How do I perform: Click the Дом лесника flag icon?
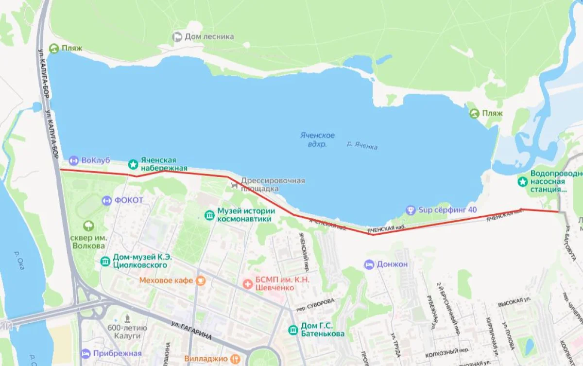[177, 37]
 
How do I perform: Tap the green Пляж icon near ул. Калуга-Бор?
[54, 48]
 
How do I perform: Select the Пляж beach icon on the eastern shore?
[474, 113]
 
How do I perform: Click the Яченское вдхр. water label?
[317, 139]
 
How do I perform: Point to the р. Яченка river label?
[362, 145]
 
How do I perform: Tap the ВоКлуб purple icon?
[73, 160]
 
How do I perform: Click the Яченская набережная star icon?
[133, 164]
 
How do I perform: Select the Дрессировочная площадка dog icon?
[234, 184]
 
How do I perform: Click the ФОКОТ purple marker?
[106, 200]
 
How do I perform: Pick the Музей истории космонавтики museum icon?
[209, 215]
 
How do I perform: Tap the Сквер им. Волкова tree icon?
[89, 226]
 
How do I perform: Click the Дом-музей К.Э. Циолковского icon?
[105, 261]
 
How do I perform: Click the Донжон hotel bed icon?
[369, 264]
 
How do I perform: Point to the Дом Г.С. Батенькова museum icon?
[293, 330]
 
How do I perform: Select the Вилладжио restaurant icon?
[236, 359]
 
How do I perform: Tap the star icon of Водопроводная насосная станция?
[522, 182]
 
